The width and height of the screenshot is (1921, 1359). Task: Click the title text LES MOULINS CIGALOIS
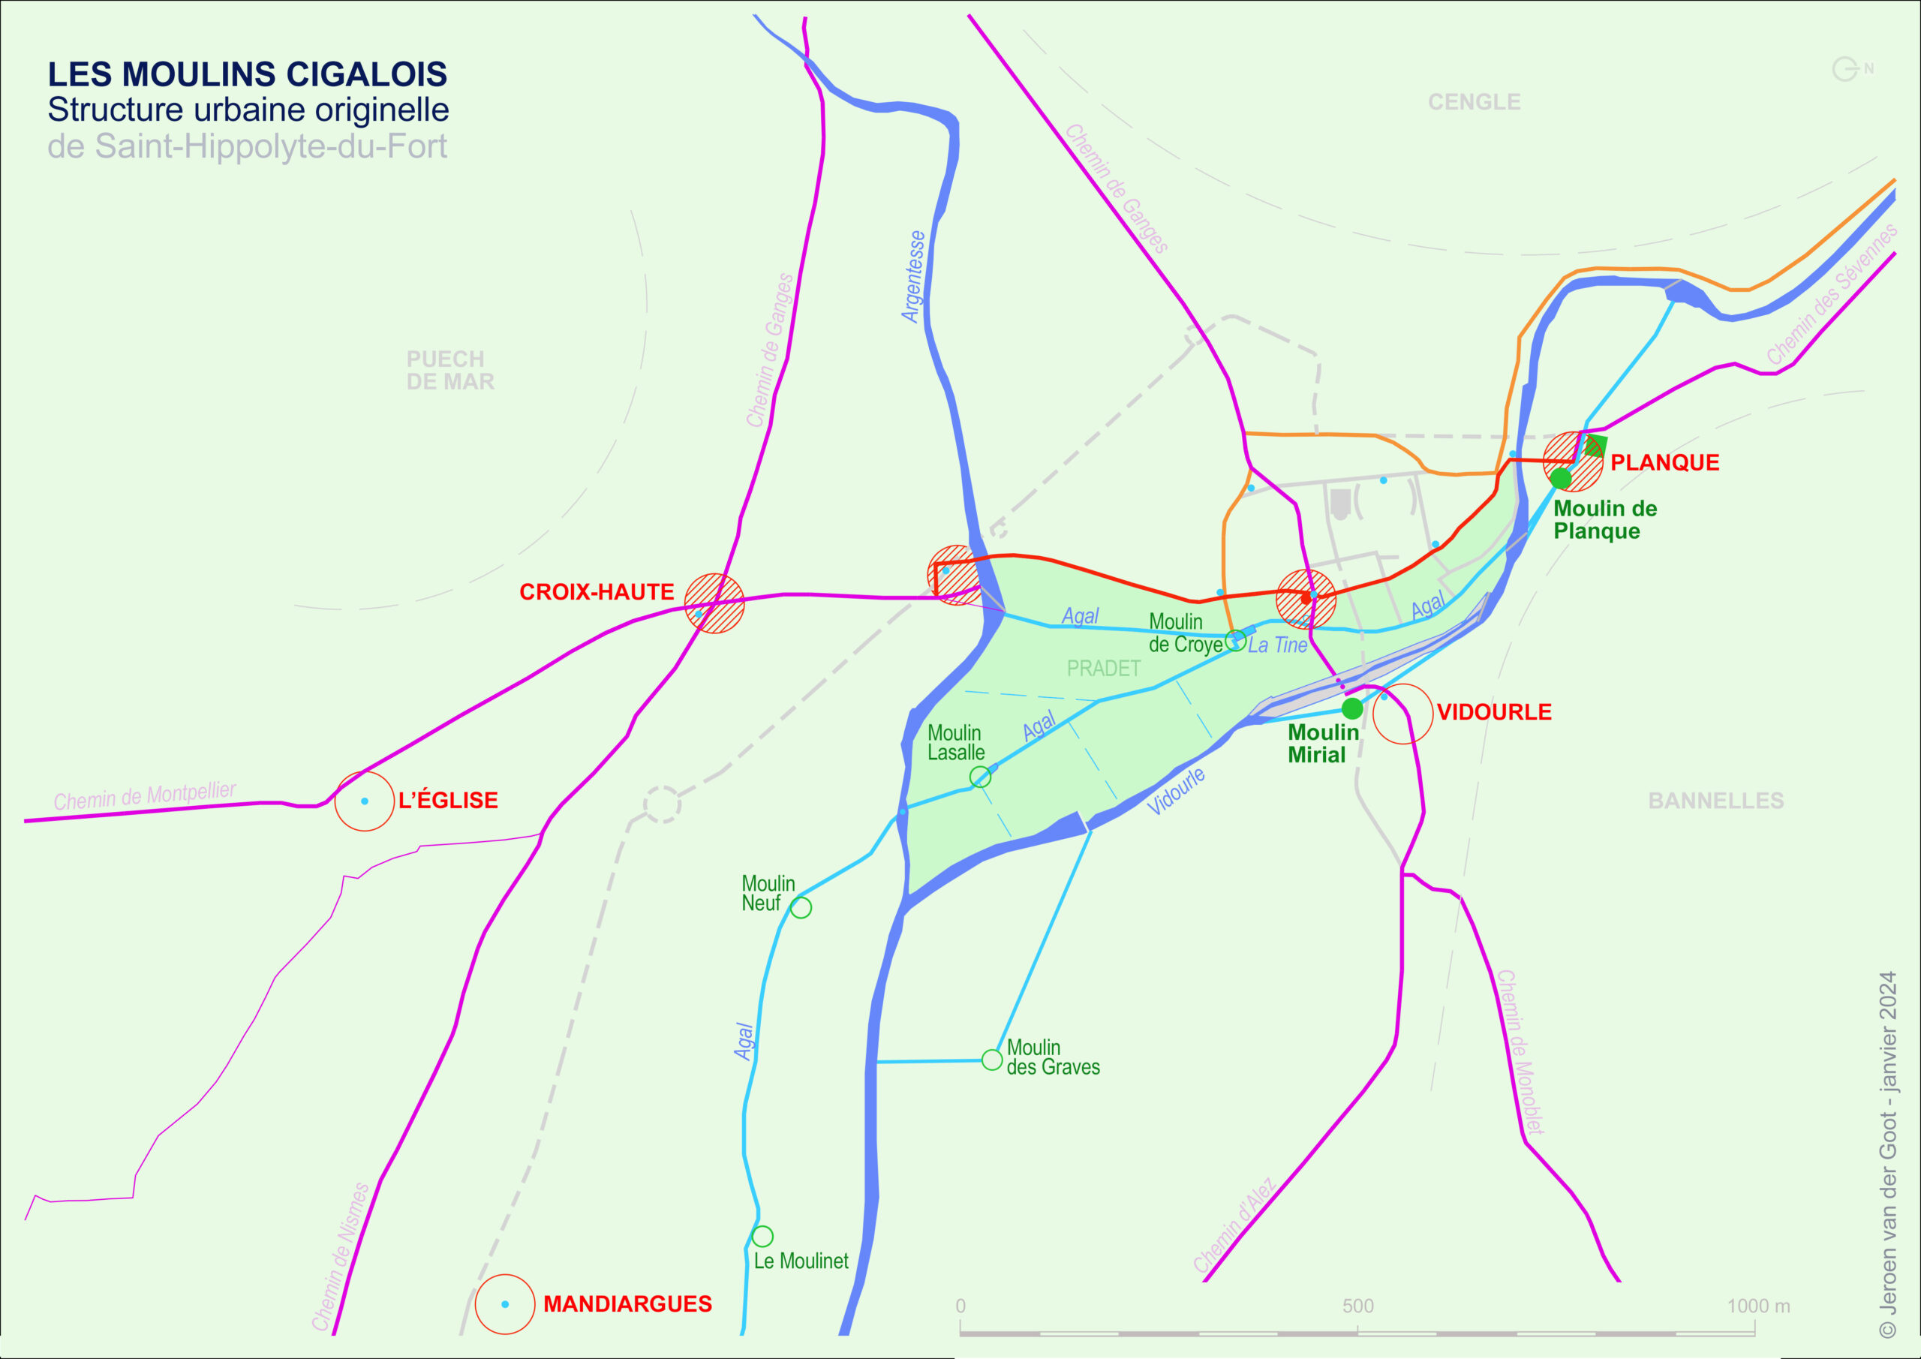pyautogui.click(x=247, y=74)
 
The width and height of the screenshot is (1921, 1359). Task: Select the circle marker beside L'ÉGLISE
pyautogui.click(x=364, y=801)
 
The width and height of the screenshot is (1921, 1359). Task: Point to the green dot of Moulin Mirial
pyautogui.click(x=1352, y=709)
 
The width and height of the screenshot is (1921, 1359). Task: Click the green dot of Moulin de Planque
pyautogui.click(x=1560, y=479)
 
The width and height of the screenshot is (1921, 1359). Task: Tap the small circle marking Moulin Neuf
pyautogui.click(x=801, y=907)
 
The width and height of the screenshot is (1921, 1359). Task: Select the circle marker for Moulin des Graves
pyautogui.click(x=991, y=1060)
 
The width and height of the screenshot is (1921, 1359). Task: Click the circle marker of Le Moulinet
pyautogui.click(x=762, y=1236)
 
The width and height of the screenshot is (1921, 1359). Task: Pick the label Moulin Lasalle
pyautogui.click(x=955, y=742)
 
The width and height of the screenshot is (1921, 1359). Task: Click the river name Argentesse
pyautogui.click(x=914, y=276)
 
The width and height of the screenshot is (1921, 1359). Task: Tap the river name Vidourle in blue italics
pyautogui.click(x=1176, y=791)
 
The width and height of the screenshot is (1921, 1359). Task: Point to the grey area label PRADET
pyautogui.click(x=1103, y=669)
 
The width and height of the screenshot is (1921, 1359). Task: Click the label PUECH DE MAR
pyautogui.click(x=450, y=371)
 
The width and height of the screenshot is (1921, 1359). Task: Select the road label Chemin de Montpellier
pyautogui.click(x=145, y=796)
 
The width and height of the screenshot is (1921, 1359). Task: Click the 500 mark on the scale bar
pyautogui.click(x=1358, y=1306)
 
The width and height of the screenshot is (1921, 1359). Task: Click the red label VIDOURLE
pyautogui.click(x=1493, y=712)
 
